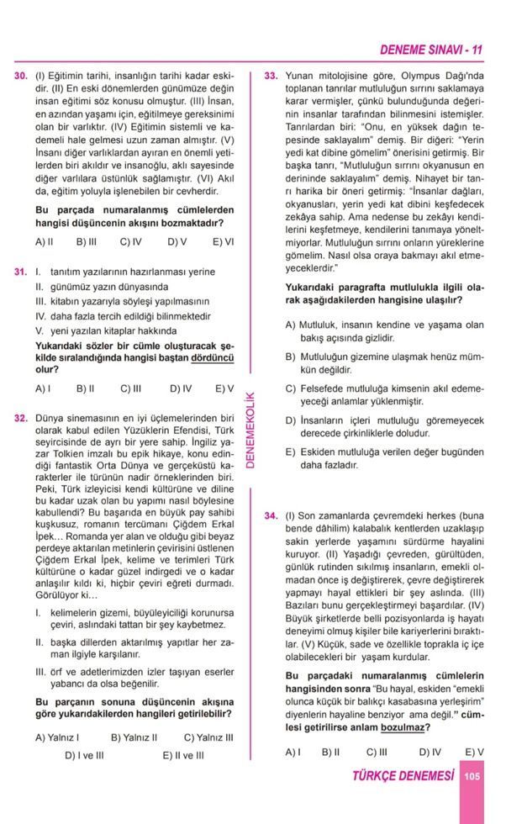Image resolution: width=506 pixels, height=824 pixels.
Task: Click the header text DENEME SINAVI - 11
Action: click(x=430, y=50)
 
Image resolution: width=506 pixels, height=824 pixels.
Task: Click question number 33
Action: click(x=271, y=76)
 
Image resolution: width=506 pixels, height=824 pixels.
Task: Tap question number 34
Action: click(x=271, y=516)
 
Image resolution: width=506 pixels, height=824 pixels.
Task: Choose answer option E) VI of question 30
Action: click(x=223, y=242)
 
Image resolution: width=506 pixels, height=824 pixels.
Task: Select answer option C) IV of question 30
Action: click(x=130, y=242)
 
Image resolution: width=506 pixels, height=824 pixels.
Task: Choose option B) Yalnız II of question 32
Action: click(x=134, y=737)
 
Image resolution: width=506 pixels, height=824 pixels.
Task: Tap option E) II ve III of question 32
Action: click(x=183, y=755)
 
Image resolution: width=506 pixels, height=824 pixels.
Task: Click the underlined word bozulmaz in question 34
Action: click(x=399, y=728)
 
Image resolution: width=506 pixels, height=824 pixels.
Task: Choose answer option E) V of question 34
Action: click(x=474, y=752)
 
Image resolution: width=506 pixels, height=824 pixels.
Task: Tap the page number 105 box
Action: click(x=472, y=777)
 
